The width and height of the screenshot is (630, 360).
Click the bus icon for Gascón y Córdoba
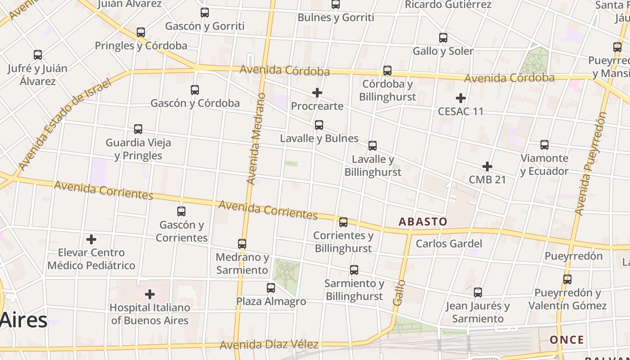pos(195,90)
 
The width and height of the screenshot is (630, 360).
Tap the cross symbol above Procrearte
pos(317,93)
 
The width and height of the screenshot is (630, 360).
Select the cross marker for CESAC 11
pos(461,98)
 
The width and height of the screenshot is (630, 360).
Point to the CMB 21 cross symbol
pos(487,166)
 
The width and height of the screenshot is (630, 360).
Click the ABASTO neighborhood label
pos(423,221)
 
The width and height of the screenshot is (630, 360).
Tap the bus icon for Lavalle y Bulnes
pos(319,125)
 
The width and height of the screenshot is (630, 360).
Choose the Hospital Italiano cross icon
pos(150,295)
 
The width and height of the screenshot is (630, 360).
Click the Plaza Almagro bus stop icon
pos(271,288)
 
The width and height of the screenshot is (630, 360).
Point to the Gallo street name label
pos(399,292)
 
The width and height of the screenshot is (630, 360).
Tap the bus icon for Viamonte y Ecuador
pos(544,145)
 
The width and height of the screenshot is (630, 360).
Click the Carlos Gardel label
pos(449,244)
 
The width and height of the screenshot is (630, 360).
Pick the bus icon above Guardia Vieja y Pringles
pos(138,129)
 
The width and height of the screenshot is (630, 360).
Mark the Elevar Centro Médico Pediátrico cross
pos(91,239)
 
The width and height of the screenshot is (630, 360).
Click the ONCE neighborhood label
pos(567,340)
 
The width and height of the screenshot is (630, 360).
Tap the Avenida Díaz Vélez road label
pos(269,345)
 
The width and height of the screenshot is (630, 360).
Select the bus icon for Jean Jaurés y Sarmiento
pos(478,292)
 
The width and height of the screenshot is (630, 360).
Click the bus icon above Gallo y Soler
pos(443,38)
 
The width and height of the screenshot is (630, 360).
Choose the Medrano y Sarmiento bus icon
pos(242,244)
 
